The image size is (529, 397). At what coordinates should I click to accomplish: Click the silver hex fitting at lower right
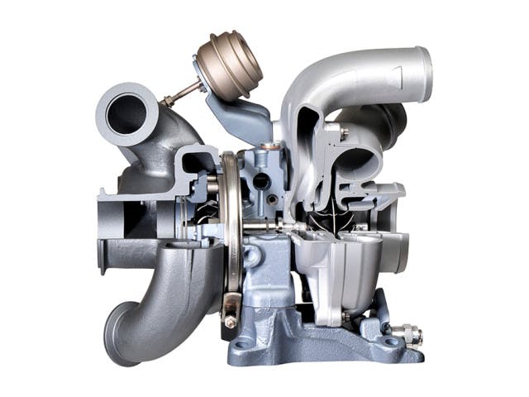point(407,337)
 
